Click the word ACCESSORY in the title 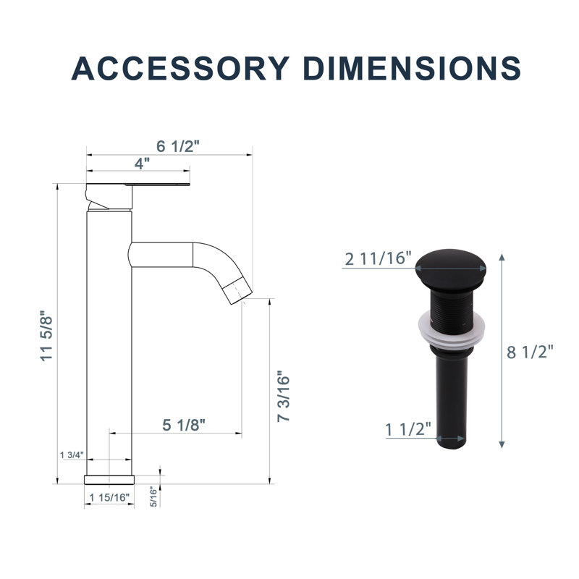pyautogui.click(x=180, y=68)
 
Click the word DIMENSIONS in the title pyautogui.click(x=412, y=68)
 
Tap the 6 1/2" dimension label pyautogui.click(x=177, y=146)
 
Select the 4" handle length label pyautogui.click(x=142, y=164)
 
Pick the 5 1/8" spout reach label pyautogui.click(x=184, y=425)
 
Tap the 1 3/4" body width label pyautogui.click(x=72, y=455)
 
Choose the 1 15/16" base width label pyautogui.click(x=110, y=497)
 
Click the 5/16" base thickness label pyautogui.click(x=153, y=496)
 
